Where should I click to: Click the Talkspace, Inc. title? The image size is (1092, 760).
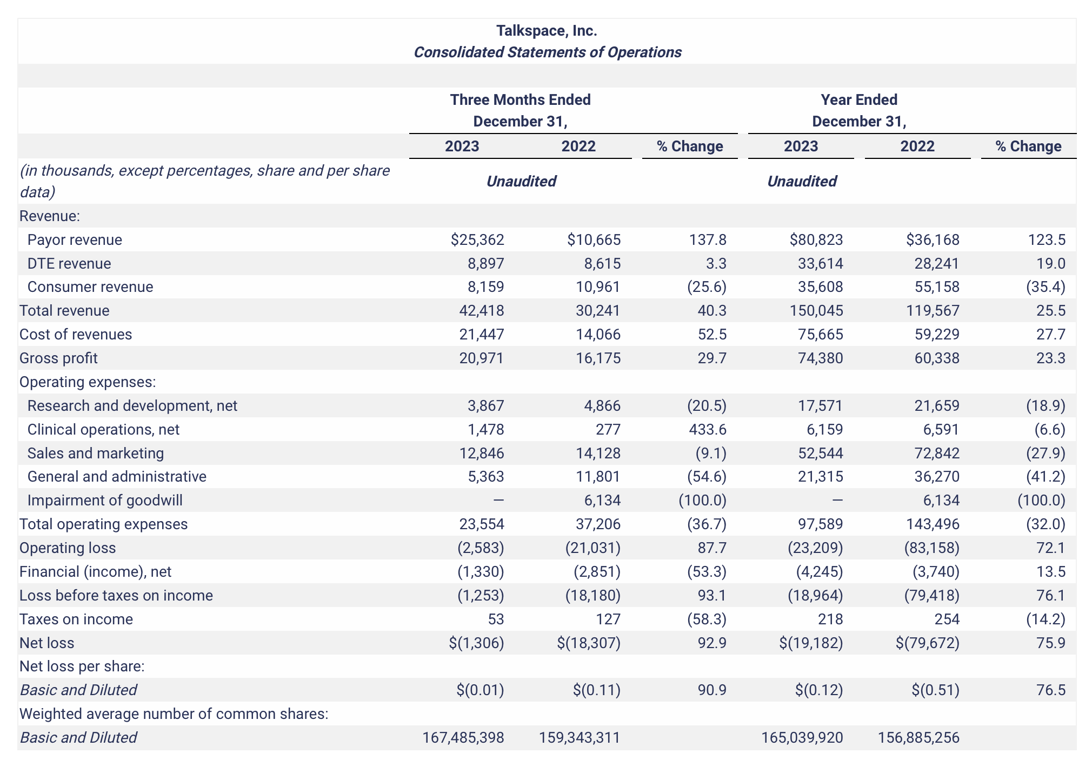[x=547, y=31]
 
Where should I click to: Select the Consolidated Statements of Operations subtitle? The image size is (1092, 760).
[x=547, y=52]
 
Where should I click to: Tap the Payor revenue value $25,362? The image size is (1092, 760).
[x=477, y=239]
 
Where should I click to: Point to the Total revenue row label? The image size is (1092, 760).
[x=64, y=310]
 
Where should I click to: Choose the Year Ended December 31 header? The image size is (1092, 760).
[x=858, y=110]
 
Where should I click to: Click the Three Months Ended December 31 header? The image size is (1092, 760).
[x=520, y=110]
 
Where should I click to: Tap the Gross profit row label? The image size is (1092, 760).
[x=58, y=358]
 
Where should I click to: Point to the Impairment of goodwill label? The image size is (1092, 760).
[x=105, y=500]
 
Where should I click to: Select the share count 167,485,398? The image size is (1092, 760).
[x=463, y=737]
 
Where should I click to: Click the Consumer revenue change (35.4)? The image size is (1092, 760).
[x=1046, y=286]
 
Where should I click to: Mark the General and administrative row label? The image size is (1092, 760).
[x=117, y=476]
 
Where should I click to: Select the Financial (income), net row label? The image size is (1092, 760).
[x=95, y=571]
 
